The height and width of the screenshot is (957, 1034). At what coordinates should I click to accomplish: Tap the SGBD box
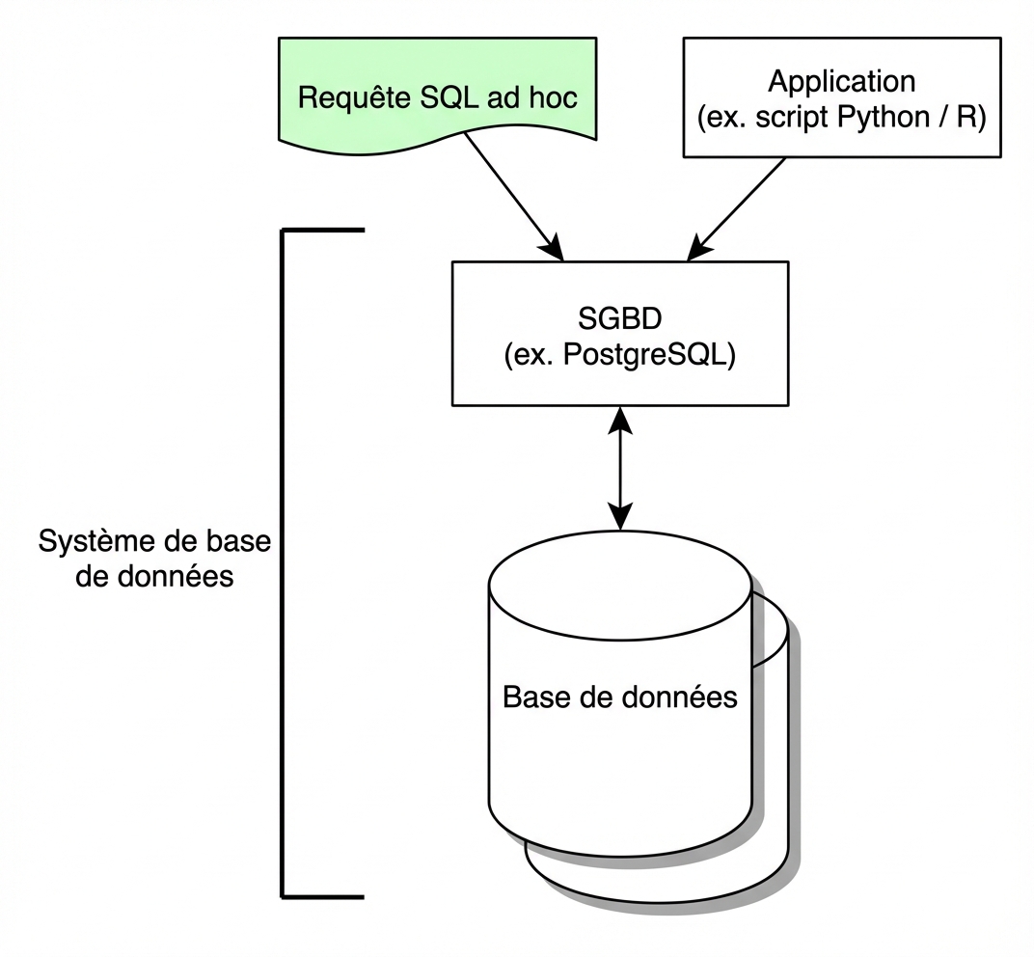[x=619, y=333]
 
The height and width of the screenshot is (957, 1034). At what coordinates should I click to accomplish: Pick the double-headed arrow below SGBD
[x=620, y=467]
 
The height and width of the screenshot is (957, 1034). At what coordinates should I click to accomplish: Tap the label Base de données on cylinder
[x=620, y=697]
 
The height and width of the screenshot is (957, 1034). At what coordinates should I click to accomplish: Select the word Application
[x=842, y=81]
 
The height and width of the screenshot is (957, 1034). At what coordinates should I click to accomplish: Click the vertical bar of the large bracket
[x=283, y=564]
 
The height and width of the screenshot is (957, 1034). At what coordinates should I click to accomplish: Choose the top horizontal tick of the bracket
[x=323, y=231]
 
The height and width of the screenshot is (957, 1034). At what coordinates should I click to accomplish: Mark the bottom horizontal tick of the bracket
[x=323, y=896]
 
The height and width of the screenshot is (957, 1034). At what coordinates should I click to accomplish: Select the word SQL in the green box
[x=452, y=98]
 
